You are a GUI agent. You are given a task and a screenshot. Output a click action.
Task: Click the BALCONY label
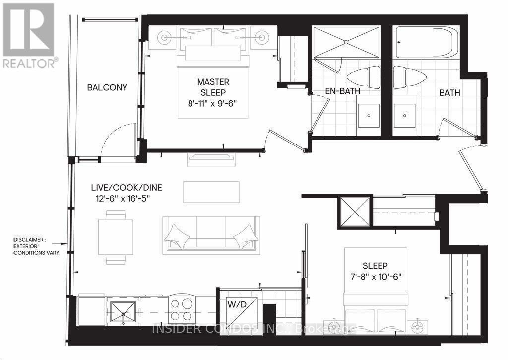[107, 88]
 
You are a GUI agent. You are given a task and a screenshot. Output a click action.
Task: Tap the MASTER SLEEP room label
[213, 87]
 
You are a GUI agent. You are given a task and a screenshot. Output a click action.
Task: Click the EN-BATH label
[342, 92]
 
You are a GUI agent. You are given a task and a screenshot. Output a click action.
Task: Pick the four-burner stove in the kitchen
[183, 309]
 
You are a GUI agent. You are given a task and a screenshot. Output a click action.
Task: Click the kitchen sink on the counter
[122, 312]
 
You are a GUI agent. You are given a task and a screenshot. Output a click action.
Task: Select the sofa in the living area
[211, 233]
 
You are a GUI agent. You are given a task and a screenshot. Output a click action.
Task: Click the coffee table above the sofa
[211, 192]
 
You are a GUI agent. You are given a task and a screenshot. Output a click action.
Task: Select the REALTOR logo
[29, 35]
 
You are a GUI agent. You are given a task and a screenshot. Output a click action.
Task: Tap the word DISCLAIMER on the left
[30, 240]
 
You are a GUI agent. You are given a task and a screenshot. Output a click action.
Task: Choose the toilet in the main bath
[410, 77]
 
